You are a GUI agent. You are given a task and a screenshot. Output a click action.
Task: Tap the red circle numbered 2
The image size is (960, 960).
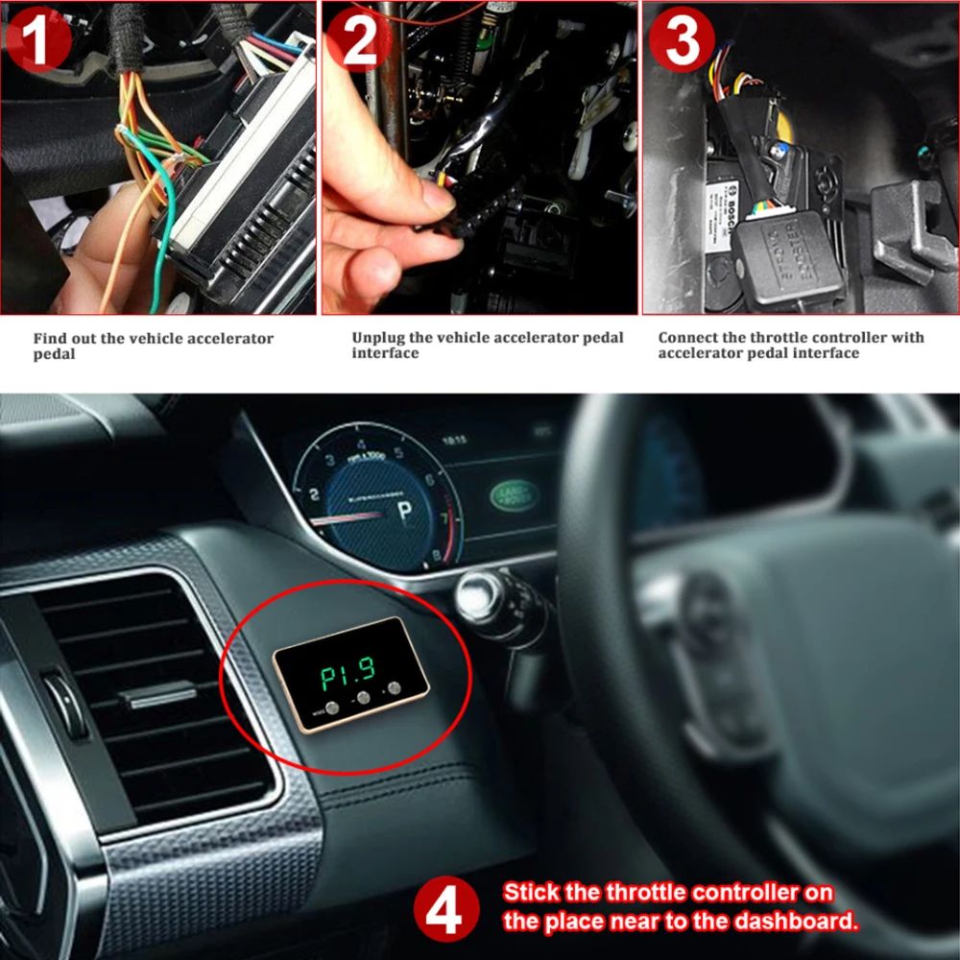(x=359, y=39)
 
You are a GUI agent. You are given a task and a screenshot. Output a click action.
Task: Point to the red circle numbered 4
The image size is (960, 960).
(x=446, y=907)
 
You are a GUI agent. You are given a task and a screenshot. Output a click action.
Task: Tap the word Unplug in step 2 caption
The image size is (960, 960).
(x=375, y=338)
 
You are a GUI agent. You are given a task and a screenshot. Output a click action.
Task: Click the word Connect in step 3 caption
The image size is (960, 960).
(x=687, y=338)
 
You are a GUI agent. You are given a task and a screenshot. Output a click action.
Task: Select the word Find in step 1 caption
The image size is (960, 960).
(x=49, y=339)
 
